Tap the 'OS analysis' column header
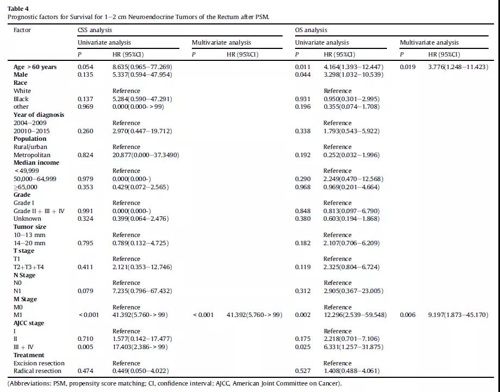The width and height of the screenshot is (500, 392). point(311,30)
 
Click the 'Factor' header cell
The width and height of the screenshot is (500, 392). point(22,30)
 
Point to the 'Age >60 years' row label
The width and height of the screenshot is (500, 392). point(35,67)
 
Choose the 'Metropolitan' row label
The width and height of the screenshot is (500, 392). point(32,155)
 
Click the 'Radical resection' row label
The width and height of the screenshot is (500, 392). point(37,371)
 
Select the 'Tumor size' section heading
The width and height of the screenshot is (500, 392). point(30,227)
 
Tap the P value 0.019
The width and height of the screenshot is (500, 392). point(408,67)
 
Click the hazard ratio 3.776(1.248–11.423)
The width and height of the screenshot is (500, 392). point(458,67)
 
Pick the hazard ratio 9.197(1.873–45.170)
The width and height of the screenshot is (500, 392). point(458,315)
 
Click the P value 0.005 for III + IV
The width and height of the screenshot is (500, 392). point(85,347)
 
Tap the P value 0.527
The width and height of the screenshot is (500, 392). point(303,371)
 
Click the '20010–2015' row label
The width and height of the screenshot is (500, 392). point(32,131)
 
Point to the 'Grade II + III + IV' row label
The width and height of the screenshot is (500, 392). point(39,211)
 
